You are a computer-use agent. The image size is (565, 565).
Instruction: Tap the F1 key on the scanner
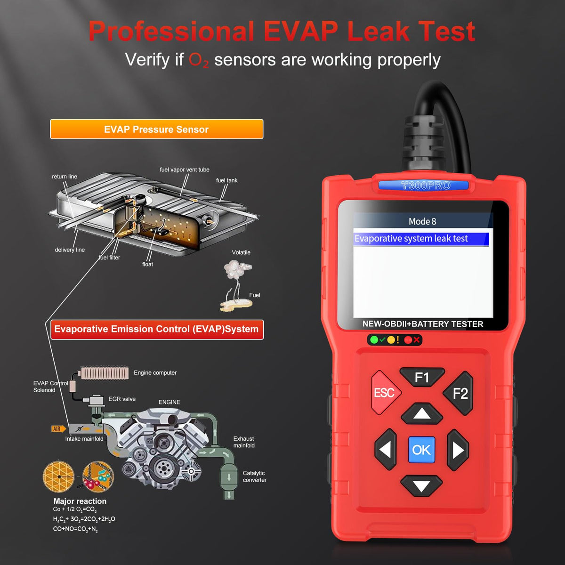422,377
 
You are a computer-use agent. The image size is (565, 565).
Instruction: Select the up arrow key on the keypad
421,413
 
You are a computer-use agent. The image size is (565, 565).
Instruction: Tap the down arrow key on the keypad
421,486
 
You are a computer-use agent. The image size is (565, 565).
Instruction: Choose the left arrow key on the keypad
386,449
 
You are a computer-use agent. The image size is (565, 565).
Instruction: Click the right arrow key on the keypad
458,450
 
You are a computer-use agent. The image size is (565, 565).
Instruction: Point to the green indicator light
374,340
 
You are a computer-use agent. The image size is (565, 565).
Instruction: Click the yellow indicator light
391,340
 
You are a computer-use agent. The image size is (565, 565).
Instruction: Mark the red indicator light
408,340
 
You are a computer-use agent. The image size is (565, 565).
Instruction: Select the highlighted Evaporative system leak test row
421,239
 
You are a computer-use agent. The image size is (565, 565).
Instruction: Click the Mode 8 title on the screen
422,221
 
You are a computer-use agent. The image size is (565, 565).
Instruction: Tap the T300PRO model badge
423,186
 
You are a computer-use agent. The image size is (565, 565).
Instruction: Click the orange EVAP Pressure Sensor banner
157,129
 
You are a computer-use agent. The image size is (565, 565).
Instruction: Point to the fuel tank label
226,180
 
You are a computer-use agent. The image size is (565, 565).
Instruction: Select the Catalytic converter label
254,476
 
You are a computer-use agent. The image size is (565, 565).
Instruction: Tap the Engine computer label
155,372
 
